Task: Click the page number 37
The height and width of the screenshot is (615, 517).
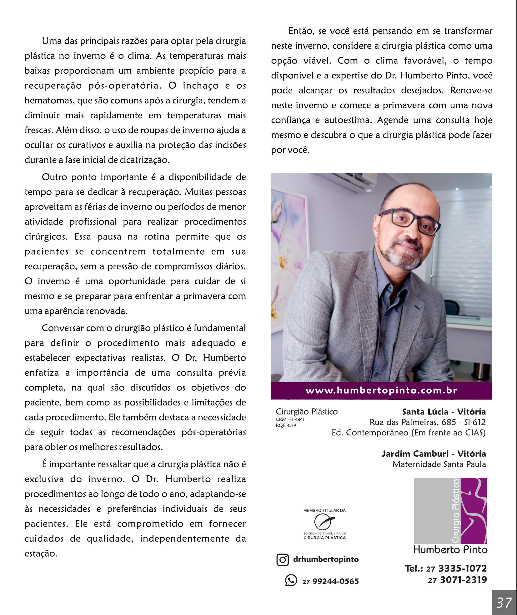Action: click(504, 603)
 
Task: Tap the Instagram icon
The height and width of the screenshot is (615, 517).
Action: click(283, 559)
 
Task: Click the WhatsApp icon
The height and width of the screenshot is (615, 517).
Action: click(291, 580)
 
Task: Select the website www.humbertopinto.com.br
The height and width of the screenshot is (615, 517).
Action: click(381, 390)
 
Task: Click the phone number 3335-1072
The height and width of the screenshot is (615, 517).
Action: click(463, 568)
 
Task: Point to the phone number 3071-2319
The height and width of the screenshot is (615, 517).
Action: click(463, 580)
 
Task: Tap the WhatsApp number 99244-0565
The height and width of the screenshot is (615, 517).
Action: click(335, 581)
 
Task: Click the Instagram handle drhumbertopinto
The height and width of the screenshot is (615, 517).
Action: click(326, 559)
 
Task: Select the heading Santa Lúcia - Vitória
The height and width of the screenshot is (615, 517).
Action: click(444, 412)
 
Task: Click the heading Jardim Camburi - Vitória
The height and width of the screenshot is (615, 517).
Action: click(434, 454)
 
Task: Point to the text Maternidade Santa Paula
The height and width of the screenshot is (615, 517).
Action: click(439, 464)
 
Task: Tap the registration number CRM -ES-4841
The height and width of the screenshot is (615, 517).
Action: click(290, 419)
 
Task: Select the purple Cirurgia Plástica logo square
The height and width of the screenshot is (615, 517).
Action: click(450, 511)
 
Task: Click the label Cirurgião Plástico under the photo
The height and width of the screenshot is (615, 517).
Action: click(307, 412)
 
